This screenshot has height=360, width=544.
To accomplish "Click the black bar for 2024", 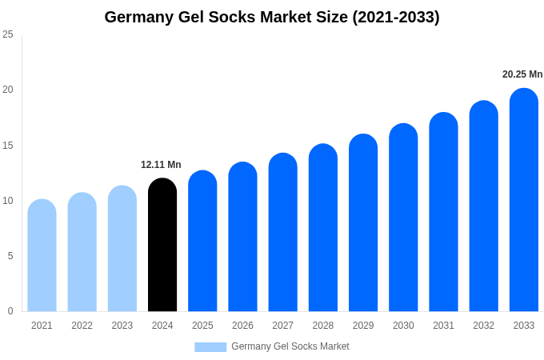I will (162, 245).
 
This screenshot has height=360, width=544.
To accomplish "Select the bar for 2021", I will (42, 255).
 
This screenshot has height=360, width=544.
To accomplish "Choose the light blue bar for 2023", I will (122, 249).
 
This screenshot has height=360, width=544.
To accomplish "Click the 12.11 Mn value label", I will (161, 165).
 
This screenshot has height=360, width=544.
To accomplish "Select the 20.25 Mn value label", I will (522, 74).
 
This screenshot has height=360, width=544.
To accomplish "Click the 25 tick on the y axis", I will (8, 34).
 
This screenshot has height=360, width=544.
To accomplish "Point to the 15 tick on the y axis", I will (8, 145).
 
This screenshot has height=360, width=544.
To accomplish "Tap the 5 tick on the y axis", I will (10, 256).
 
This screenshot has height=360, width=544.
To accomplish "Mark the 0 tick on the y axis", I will (10, 311).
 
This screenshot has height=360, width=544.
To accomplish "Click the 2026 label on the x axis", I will (242, 326).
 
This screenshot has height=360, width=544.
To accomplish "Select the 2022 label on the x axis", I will (82, 326).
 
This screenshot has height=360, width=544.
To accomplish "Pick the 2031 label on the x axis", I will (443, 326).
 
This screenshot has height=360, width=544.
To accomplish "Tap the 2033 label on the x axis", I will (524, 326).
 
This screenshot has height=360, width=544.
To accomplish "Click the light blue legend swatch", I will (210, 346).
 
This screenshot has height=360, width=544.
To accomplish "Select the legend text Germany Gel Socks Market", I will (290, 346).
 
